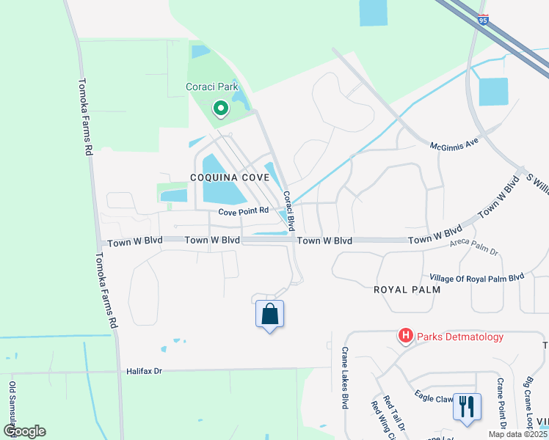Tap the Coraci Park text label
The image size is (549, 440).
pyautogui.click(x=212, y=87)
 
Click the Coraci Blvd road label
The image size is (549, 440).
pyautogui.click(x=289, y=210)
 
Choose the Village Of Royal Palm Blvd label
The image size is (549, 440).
pyautogui.click(x=477, y=277)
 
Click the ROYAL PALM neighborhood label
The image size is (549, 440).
pyautogui.click(x=407, y=290)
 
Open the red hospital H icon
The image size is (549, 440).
pyautogui.click(x=404, y=337)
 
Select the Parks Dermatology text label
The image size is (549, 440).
pyautogui.click(x=460, y=337)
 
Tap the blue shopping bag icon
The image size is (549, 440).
pyautogui.click(x=269, y=315)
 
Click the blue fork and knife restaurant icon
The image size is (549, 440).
pyautogui.click(x=467, y=406)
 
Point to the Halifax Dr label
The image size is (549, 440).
pyautogui.click(x=143, y=371)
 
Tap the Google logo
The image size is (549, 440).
pyautogui.click(x=25, y=431)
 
